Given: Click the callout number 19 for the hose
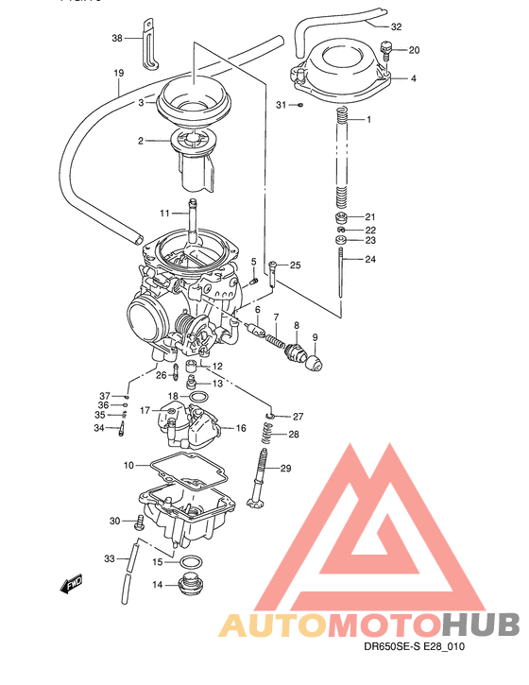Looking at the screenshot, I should pyautogui.click(x=119, y=74).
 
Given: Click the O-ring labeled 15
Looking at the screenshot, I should pyautogui.click(x=188, y=563).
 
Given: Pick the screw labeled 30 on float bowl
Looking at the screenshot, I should pyautogui.click(x=140, y=521).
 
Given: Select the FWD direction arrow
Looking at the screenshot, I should pyautogui.click(x=70, y=587).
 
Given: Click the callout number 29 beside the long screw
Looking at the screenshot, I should pyautogui.click(x=286, y=469).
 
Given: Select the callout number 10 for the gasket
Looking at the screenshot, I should pyautogui.click(x=128, y=465).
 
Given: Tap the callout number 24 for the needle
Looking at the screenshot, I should pyautogui.click(x=370, y=259).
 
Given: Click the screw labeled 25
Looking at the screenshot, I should pyautogui.click(x=272, y=272).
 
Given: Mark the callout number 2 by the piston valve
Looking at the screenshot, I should pyautogui.click(x=140, y=142).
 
